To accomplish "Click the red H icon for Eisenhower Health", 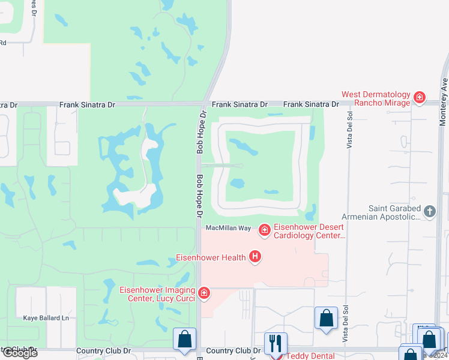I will [255, 257].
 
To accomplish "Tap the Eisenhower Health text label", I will [211, 257].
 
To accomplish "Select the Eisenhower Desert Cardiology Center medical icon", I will [264, 230].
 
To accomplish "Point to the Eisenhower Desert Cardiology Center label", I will [310, 232].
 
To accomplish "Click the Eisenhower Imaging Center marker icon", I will [205, 293].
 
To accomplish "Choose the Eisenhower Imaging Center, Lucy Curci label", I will [158, 293].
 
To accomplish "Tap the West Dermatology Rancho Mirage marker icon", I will [419, 97].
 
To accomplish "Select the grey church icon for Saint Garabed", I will [429, 211].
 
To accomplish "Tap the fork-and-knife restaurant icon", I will [276, 343].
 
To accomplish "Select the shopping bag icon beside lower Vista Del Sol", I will [326, 318].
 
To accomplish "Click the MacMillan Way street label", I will [228, 228].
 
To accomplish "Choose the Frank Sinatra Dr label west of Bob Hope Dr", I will [87, 104].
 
